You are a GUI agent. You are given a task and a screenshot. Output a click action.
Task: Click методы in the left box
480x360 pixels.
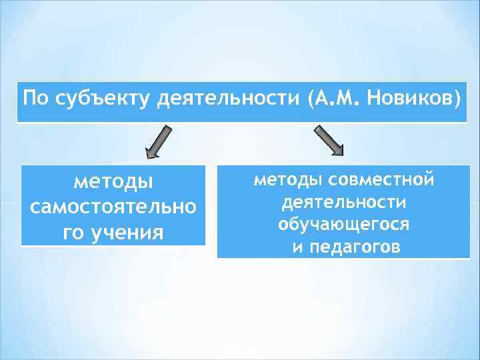click(113, 181)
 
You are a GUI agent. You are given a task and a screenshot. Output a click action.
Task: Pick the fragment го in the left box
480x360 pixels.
click(73, 233)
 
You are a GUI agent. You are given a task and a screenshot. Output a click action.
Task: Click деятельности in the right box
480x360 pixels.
click(344, 202)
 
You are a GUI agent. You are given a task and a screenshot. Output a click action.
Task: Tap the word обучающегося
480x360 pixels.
click(344, 225)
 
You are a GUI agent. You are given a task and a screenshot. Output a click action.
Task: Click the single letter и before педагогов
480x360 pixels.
click(297, 247)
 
